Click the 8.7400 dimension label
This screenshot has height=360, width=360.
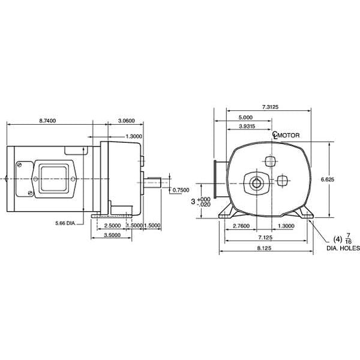[47, 121]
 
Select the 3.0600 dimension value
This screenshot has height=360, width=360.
[126, 121]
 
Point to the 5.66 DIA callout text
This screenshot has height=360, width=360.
[65, 223]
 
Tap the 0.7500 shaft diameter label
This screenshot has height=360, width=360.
[181, 190]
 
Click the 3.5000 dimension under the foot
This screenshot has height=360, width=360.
[112, 235]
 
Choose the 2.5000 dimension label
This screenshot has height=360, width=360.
[112, 226]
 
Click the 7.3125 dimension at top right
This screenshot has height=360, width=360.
[270, 107]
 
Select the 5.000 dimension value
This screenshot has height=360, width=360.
[245, 118]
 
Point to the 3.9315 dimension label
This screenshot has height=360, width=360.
[247, 126]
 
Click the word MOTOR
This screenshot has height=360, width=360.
[289, 135]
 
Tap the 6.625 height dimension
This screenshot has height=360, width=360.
[328, 179]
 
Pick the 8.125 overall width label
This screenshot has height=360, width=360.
[264, 248]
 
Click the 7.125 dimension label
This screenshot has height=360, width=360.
[265, 237]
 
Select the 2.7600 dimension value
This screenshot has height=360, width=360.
[241, 226]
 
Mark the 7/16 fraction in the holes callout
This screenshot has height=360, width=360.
[348, 238]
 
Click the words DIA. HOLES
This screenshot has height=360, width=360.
[343, 248]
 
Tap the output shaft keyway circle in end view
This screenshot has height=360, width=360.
[256, 183]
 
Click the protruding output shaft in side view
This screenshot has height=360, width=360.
[152, 182]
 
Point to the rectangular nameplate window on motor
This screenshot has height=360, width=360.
[54, 179]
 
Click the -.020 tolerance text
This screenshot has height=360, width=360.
[203, 205]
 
